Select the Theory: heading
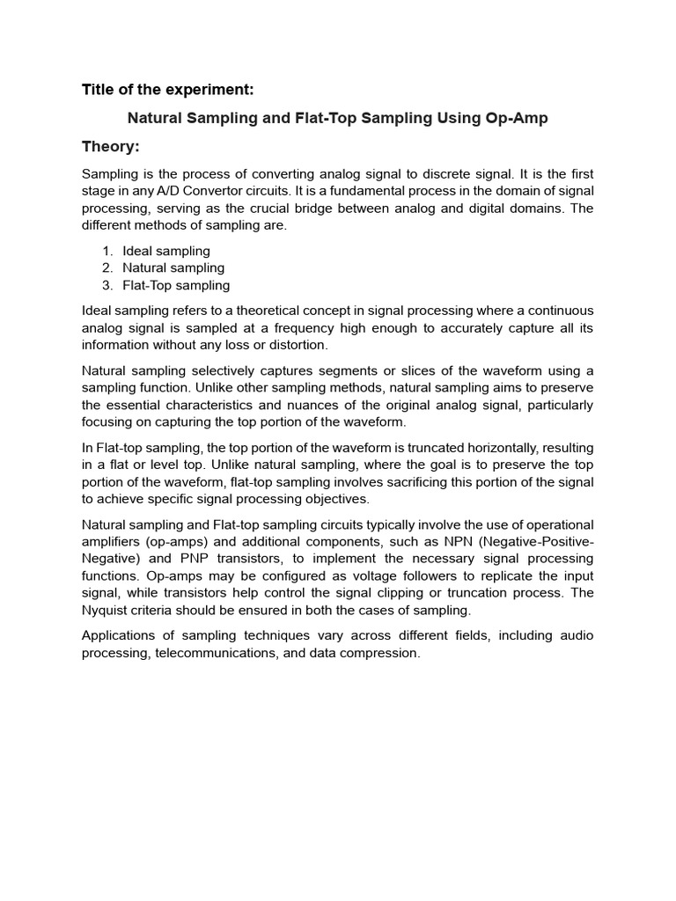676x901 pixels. (x=111, y=145)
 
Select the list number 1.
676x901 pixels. (x=107, y=251)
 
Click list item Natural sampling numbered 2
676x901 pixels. (x=173, y=267)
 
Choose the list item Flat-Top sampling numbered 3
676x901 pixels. (x=176, y=285)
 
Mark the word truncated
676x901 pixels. (x=429, y=448)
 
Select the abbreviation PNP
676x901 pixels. (x=168, y=559)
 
